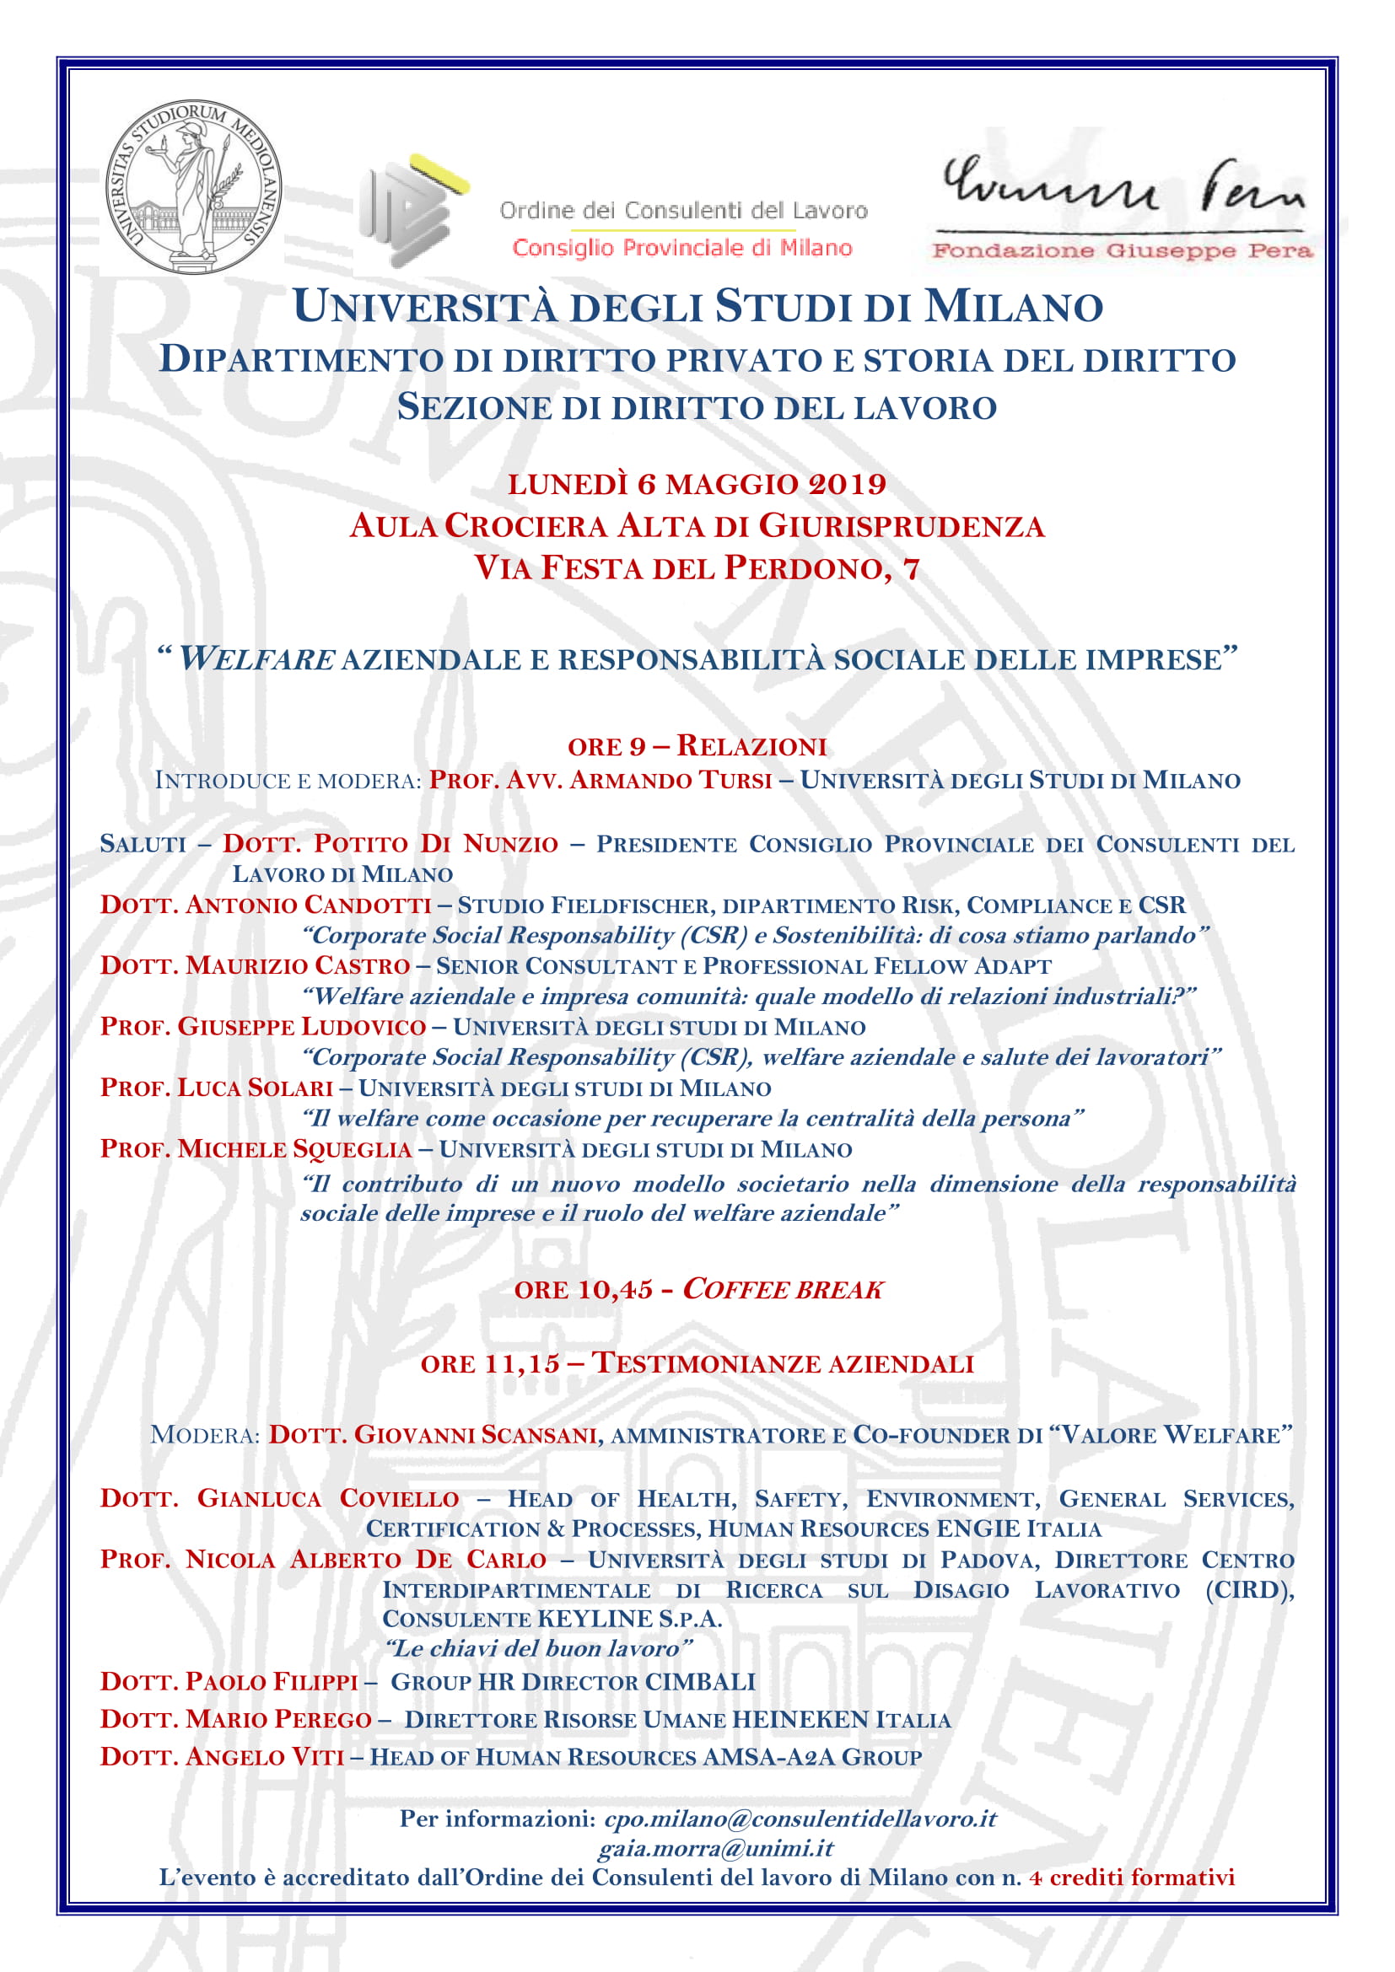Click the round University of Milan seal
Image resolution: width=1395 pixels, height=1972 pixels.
(192, 185)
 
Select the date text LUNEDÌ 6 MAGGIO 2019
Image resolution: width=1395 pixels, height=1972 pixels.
(697, 485)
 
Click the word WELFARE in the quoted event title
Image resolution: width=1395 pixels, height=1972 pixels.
(256, 659)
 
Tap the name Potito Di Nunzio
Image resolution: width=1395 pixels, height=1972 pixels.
(390, 843)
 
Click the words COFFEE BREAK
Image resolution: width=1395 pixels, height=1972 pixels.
(783, 1289)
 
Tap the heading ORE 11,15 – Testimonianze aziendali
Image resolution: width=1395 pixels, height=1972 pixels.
(697, 1363)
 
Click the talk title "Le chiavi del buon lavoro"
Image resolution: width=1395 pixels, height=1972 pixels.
(538, 1648)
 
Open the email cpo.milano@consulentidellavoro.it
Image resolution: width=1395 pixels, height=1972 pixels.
(800, 1819)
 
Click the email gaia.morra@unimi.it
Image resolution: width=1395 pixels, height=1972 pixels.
(715, 1847)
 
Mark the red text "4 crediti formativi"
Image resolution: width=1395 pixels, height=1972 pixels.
(1131, 1878)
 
